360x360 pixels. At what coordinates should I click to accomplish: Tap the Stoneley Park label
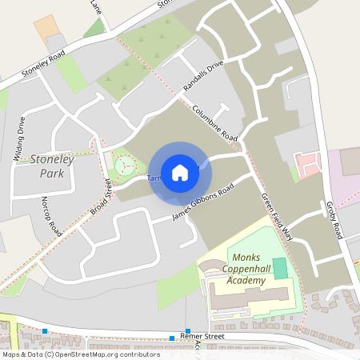point(52,166)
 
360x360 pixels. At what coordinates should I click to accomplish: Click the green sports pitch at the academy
point(280,269)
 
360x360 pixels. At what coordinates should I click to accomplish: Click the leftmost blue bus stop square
point(46,331)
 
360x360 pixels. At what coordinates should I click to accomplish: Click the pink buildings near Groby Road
point(308,165)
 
